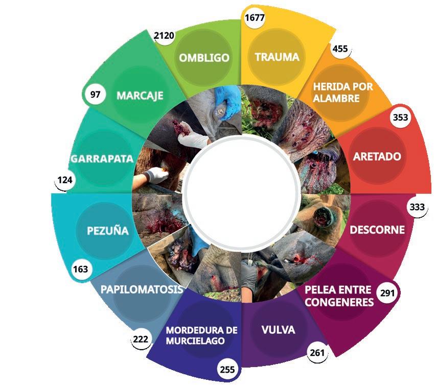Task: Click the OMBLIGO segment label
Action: pyautogui.click(x=204, y=58)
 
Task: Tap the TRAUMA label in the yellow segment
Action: pyautogui.click(x=277, y=57)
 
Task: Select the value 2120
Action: pyautogui.click(x=164, y=36)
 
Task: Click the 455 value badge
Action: pyautogui.click(x=340, y=49)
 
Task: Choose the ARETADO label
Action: pyautogui.click(x=377, y=156)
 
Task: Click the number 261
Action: pyautogui.click(x=317, y=352)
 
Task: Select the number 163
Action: pyautogui.click(x=80, y=269)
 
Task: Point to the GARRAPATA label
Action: pyautogui.click(x=102, y=159)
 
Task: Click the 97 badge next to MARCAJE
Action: pyautogui.click(x=96, y=95)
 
